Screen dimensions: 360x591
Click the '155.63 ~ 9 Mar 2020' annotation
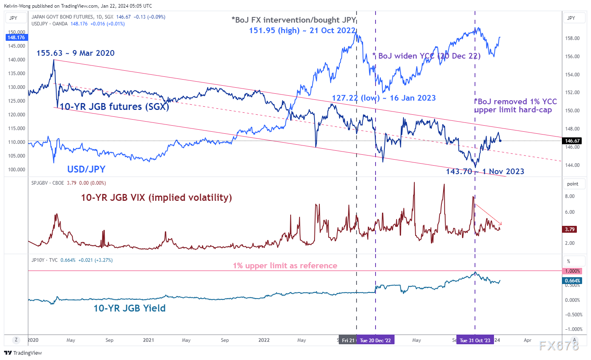point(75,53)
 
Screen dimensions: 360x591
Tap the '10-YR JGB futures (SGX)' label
point(114,107)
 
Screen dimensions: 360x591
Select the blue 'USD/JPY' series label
point(86,169)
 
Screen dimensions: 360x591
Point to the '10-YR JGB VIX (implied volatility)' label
point(156,198)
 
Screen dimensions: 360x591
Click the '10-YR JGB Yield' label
point(129,308)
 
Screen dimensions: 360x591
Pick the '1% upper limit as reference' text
point(285,265)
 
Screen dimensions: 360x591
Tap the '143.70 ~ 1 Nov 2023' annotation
point(485,171)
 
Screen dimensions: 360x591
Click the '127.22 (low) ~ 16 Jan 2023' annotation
point(384,98)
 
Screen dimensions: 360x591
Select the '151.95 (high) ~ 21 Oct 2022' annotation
point(302,30)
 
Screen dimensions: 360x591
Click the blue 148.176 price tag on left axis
point(16,38)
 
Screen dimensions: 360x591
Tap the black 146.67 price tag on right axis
point(572,141)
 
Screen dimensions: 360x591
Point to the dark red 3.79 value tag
point(570,229)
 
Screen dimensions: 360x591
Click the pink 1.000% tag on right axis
point(572,271)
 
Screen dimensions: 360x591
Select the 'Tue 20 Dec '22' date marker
point(375,340)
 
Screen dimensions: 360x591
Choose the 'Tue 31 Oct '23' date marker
point(475,340)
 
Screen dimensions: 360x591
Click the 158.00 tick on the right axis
point(572,38)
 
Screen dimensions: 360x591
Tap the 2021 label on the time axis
point(148,340)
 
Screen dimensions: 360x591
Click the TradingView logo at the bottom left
point(23,353)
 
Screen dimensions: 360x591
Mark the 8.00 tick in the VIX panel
point(570,196)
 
